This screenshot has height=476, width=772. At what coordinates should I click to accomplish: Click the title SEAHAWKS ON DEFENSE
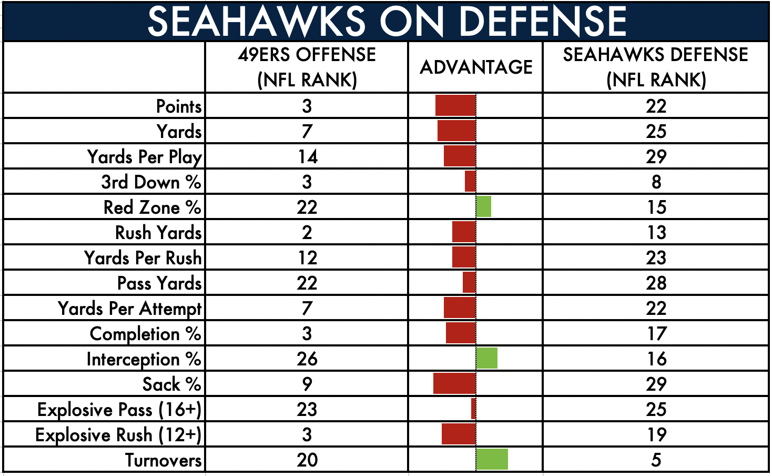coord(387,22)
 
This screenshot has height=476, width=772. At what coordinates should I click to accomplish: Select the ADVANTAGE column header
coord(476,67)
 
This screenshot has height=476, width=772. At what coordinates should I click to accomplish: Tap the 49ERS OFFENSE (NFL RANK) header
coord(307,67)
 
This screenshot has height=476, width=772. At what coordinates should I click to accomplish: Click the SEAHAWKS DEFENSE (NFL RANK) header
coord(655,67)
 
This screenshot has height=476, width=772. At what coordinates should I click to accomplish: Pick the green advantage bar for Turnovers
coord(492,459)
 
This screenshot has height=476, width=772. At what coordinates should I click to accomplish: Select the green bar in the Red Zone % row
coord(483,206)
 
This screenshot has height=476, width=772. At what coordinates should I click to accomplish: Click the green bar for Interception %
coord(486,358)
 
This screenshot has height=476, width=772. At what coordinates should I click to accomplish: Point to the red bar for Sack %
coord(454,383)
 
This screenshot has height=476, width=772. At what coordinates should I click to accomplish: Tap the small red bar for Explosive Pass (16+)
coord(473,409)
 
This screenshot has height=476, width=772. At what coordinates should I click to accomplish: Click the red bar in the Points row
coord(455,105)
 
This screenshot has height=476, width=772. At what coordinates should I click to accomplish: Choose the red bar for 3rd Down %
coord(471,181)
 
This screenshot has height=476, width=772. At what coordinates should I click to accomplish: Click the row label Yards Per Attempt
coord(129,308)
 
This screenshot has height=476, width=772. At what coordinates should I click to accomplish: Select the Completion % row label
coord(146,334)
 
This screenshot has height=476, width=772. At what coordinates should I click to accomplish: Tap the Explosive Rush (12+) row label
coord(118,434)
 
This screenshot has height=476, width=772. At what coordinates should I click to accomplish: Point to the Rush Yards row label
coord(158,232)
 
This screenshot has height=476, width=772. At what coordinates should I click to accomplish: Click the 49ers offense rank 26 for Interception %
coord(307,359)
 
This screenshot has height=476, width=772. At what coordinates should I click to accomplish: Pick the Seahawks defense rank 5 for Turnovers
coord(656,460)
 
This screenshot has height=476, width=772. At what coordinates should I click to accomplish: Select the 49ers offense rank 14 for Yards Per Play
coord(308,157)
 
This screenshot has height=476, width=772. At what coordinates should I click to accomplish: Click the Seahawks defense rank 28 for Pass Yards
coord(656,283)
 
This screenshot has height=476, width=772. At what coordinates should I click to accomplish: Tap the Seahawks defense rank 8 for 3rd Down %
coord(656,182)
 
